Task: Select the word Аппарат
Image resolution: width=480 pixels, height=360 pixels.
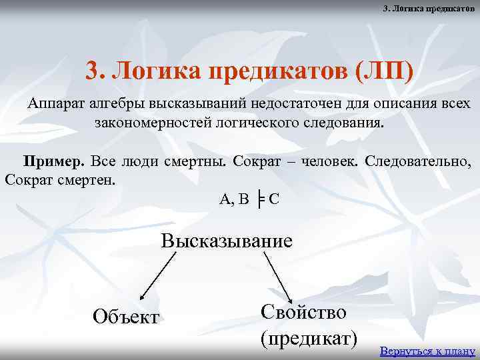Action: click(59, 105)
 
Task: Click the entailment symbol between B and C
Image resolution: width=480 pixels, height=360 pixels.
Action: click(260, 199)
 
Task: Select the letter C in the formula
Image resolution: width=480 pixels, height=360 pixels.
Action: click(274, 198)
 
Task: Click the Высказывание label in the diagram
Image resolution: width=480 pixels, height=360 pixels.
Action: click(227, 240)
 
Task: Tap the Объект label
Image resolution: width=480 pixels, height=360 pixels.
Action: click(127, 316)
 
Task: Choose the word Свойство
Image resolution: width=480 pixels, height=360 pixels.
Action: click(303, 312)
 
